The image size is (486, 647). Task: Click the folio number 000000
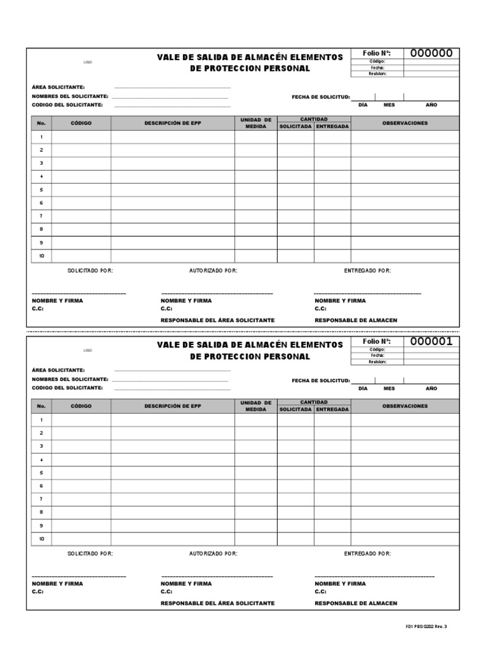tap(432, 54)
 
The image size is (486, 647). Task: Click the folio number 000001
tap(432, 342)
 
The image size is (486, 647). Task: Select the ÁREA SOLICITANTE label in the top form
tap(58, 87)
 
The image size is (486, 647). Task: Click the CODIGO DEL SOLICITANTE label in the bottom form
tap(67, 387)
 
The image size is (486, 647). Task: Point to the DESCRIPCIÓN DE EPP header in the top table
tap(173, 123)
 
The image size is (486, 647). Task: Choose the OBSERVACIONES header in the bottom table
tap(405, 406)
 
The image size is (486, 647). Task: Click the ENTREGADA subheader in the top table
tap(332, 126)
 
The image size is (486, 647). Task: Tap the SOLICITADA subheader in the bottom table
tap(296, 409)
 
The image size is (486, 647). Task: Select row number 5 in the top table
tap(41, 190)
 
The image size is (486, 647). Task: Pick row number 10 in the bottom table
tap(41, 539)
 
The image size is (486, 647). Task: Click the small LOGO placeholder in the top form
tap(88, 63)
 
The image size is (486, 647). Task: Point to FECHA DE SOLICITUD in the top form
tap(321, 97)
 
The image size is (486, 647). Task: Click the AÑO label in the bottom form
tap(432, 388)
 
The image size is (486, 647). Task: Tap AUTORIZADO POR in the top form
tap(213, 270)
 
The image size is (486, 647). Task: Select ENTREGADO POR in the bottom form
tap(368, 553)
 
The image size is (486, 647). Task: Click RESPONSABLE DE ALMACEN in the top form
tap(356, 320)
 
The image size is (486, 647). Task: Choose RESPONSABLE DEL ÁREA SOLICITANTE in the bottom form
tap(218, 603)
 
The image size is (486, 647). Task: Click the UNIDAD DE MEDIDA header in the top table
tap(256, 123)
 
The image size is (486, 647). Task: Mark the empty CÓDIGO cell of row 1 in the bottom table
tap(81, 420)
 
